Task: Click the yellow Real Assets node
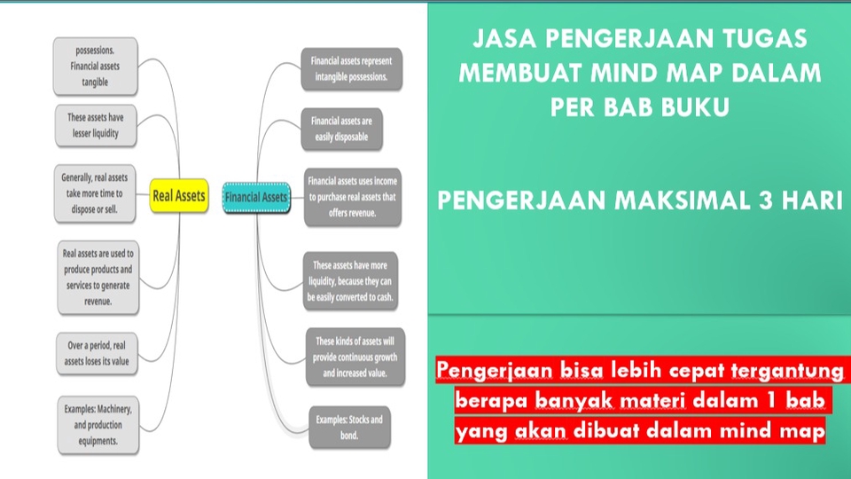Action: coord(179,195)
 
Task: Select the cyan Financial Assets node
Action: coord(256,196)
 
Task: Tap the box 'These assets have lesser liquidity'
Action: coord(96,126)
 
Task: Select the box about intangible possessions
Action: coord(351,69)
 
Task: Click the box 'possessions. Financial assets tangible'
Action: coord(96,67)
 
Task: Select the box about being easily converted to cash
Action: coord(350,281)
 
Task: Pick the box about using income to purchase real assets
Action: coord(352,197)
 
